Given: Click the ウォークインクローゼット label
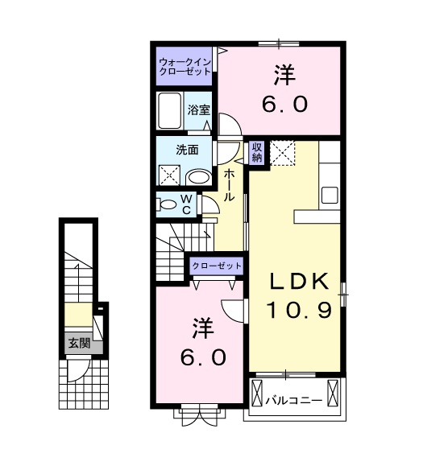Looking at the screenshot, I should coord(185,66).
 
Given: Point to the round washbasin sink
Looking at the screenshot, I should coord(197,179).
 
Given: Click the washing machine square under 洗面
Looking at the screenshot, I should coord(169,175).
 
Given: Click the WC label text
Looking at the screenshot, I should coord(185,204).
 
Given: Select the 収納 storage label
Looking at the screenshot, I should coord(257,152).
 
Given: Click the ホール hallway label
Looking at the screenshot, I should coord(230,184).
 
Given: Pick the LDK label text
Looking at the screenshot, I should coord(299,282).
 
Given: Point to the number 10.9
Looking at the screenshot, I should coord(299,310).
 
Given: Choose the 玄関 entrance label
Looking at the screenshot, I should coord(79,344).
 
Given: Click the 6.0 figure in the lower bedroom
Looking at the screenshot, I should coord(201,357).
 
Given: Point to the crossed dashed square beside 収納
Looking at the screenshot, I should coord(283,152).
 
